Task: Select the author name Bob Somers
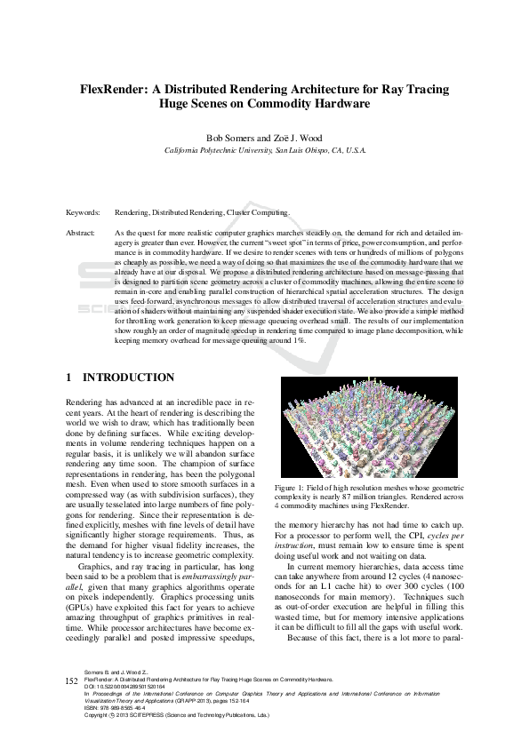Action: click(230, 139)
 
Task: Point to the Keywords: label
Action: click(83, 213)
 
